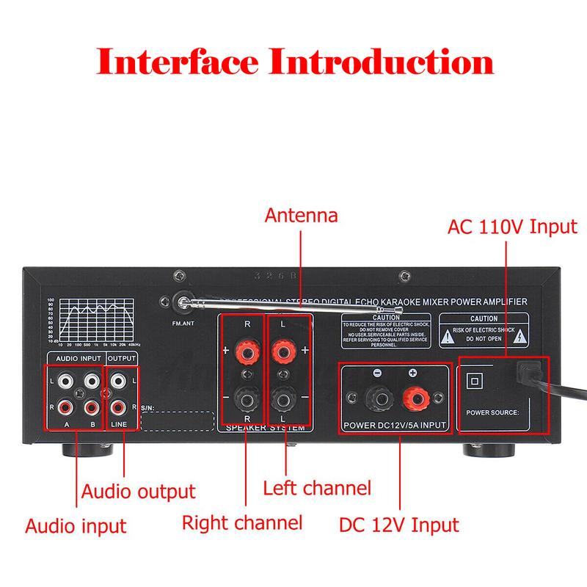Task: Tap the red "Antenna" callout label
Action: tap(301, 216)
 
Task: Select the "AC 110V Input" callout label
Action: tap(512, 225)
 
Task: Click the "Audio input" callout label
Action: tap(76, 525)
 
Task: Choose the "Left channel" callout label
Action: tap(317, 487)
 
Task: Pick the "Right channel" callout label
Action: tap(242, 522)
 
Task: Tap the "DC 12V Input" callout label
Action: tap(399, 525)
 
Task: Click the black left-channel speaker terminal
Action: tap(283, 401)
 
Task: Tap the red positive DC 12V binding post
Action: tap(413, 401)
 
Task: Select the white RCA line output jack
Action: tap(117, 381)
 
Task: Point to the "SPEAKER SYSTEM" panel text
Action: tap(266, 428)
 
